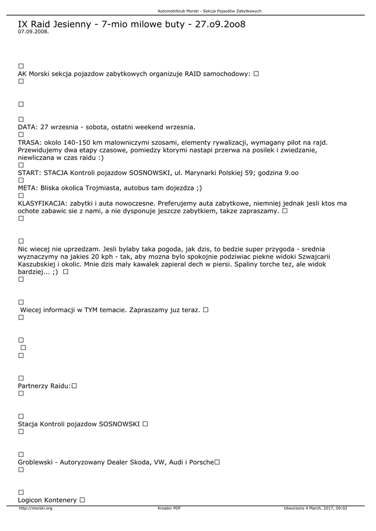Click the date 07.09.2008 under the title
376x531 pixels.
click(x=33, y=32)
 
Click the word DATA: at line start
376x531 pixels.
click(x=27, y=127)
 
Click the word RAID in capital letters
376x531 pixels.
click(x=193, y=74)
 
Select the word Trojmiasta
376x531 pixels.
click(x=117, y=188)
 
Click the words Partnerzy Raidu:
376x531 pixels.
click(x=44, y=386)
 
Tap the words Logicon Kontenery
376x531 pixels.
click(x=47, y=500)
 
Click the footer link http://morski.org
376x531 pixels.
click(x=35, y=508)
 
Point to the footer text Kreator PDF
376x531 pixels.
click(x=169, y=508)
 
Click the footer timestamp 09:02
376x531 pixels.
click(x=341, y=508)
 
